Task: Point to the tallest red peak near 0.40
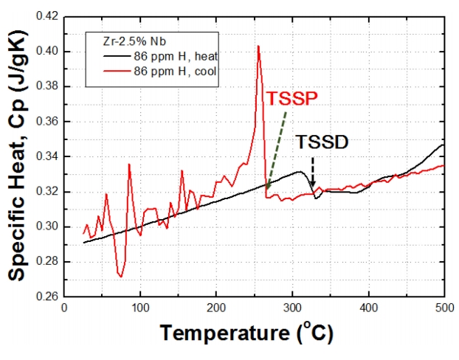(258, 47)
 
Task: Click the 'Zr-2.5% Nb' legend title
(119, 43)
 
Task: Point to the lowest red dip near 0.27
(120, 276)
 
